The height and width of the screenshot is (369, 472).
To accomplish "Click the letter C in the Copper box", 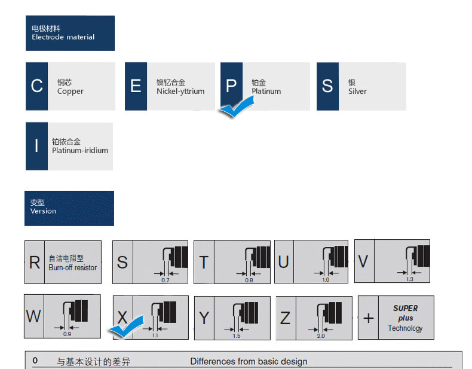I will coord(36,86).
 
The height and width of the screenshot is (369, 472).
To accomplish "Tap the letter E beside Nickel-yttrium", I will coord(136,86).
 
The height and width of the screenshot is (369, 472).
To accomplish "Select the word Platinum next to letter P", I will coord(266,92).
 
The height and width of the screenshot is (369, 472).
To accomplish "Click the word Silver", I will coord(357,92).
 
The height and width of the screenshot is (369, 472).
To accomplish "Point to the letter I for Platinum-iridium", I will coord(36,146).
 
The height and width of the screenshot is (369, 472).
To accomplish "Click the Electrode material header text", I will coord(63,37).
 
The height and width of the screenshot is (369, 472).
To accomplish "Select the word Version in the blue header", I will coord(43,211).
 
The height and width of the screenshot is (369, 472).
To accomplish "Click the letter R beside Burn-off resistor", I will coord(35,263).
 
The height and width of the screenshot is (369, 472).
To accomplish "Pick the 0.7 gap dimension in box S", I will coord(165,280).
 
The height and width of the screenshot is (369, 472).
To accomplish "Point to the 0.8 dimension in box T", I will coord(249,280).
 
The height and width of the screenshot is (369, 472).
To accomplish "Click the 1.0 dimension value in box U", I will coord(326,280).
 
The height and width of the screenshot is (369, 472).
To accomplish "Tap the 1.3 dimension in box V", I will coord(409,279).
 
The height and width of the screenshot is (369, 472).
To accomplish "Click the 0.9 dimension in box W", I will coord(67,334).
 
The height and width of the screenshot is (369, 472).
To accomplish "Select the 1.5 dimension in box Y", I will coord(237,336).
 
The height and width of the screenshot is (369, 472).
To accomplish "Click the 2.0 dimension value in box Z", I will coord(321,336).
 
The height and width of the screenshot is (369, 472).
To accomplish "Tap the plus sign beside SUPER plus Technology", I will coord(368,318).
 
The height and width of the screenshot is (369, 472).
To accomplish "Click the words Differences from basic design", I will coord(249,361).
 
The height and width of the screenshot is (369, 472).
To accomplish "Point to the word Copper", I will coord(70,92).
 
